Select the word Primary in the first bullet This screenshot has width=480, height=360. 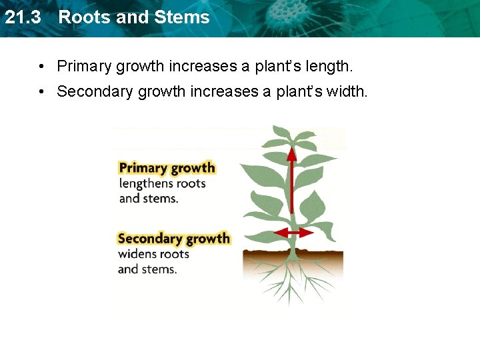(x=84, y=67)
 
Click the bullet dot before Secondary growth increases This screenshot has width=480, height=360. (x=41, y=92)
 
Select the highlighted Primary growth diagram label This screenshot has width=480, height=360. (x=167, y=167)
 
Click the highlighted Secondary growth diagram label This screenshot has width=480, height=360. (x=173, y=238)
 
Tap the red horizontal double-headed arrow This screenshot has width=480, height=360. (x=293, y=233)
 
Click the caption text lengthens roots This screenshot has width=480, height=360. (x=162, y=183)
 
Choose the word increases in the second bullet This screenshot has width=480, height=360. (x=224, y=91)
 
